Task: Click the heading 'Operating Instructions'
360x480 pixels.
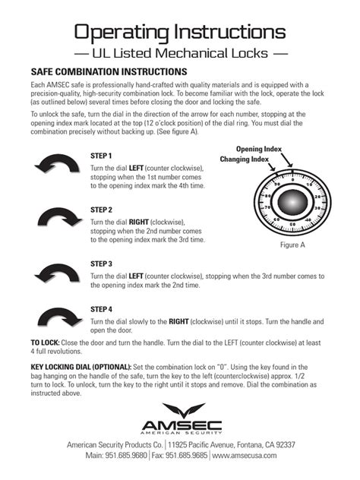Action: pyautogui.click(x=180, y=31)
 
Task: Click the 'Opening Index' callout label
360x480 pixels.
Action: pyautogui.click(x=260, y=149)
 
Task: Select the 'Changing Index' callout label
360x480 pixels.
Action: pyautogui.click(x=245, y=159)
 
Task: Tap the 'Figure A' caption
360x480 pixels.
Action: pyautogui.click(x=292, y=245)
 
